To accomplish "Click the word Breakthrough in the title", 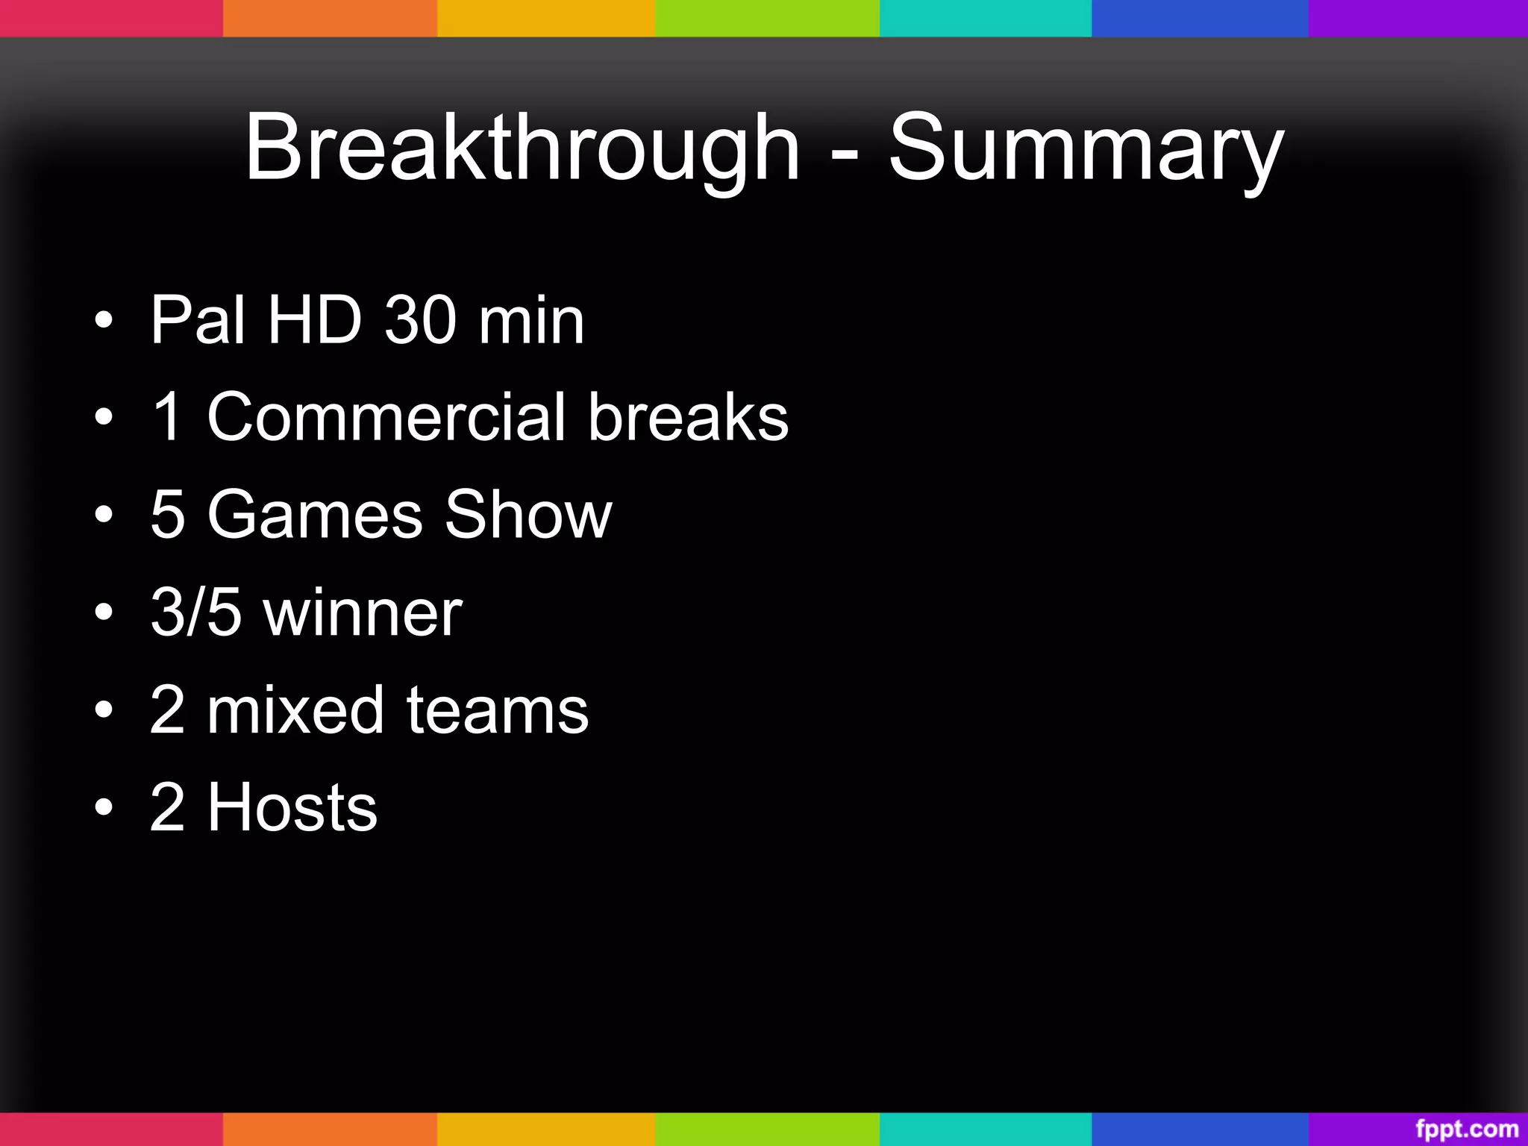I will click(522, 147).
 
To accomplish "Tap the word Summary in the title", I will click(1086, 147).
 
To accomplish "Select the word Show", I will click(528, 514).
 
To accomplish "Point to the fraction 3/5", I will click(196, 612).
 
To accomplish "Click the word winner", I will click(363, 612).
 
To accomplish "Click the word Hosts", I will click(292, 807).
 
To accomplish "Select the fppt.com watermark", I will click(1467, 1129).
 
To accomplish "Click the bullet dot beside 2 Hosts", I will click(104, 807).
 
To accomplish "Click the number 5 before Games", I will click(167, 514).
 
